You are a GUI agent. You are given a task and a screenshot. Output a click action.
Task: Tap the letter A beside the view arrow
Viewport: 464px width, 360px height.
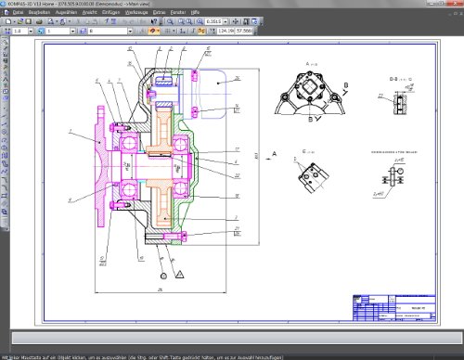click(275, 150)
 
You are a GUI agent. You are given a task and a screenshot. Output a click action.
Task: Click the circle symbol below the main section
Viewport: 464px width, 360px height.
click(162, 275)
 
